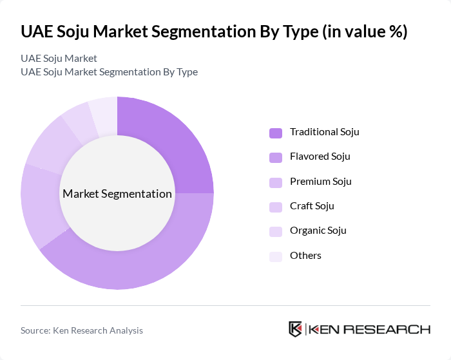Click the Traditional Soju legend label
tap(324, 132)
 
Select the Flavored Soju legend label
tap(320, 156)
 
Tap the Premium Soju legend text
tap(320, 182)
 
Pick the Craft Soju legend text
tap(312, 206)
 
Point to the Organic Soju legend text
tap(318, 231)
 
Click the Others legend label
tap(305, 256)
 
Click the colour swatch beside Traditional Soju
tap(276, 133)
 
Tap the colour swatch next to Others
tap(276, 256)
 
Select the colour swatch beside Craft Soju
tap(276, 207)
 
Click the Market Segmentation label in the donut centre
tap(117, 194)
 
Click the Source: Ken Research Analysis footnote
tap(82, 330)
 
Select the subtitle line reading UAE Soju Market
tap(59, 59)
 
